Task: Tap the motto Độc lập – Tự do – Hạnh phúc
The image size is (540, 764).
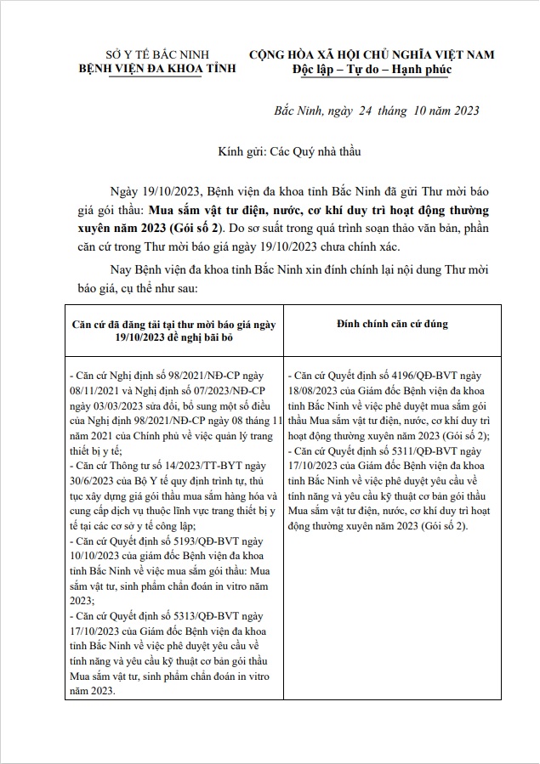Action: tap(372, 69)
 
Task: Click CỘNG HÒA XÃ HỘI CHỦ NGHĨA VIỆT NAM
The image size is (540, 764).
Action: tap(372, 54)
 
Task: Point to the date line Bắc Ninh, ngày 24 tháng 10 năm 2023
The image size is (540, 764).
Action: tap(377, 110)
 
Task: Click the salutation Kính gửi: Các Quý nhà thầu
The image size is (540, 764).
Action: tap(290, 152)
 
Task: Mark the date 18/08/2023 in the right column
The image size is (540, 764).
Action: tap(316, 388)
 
